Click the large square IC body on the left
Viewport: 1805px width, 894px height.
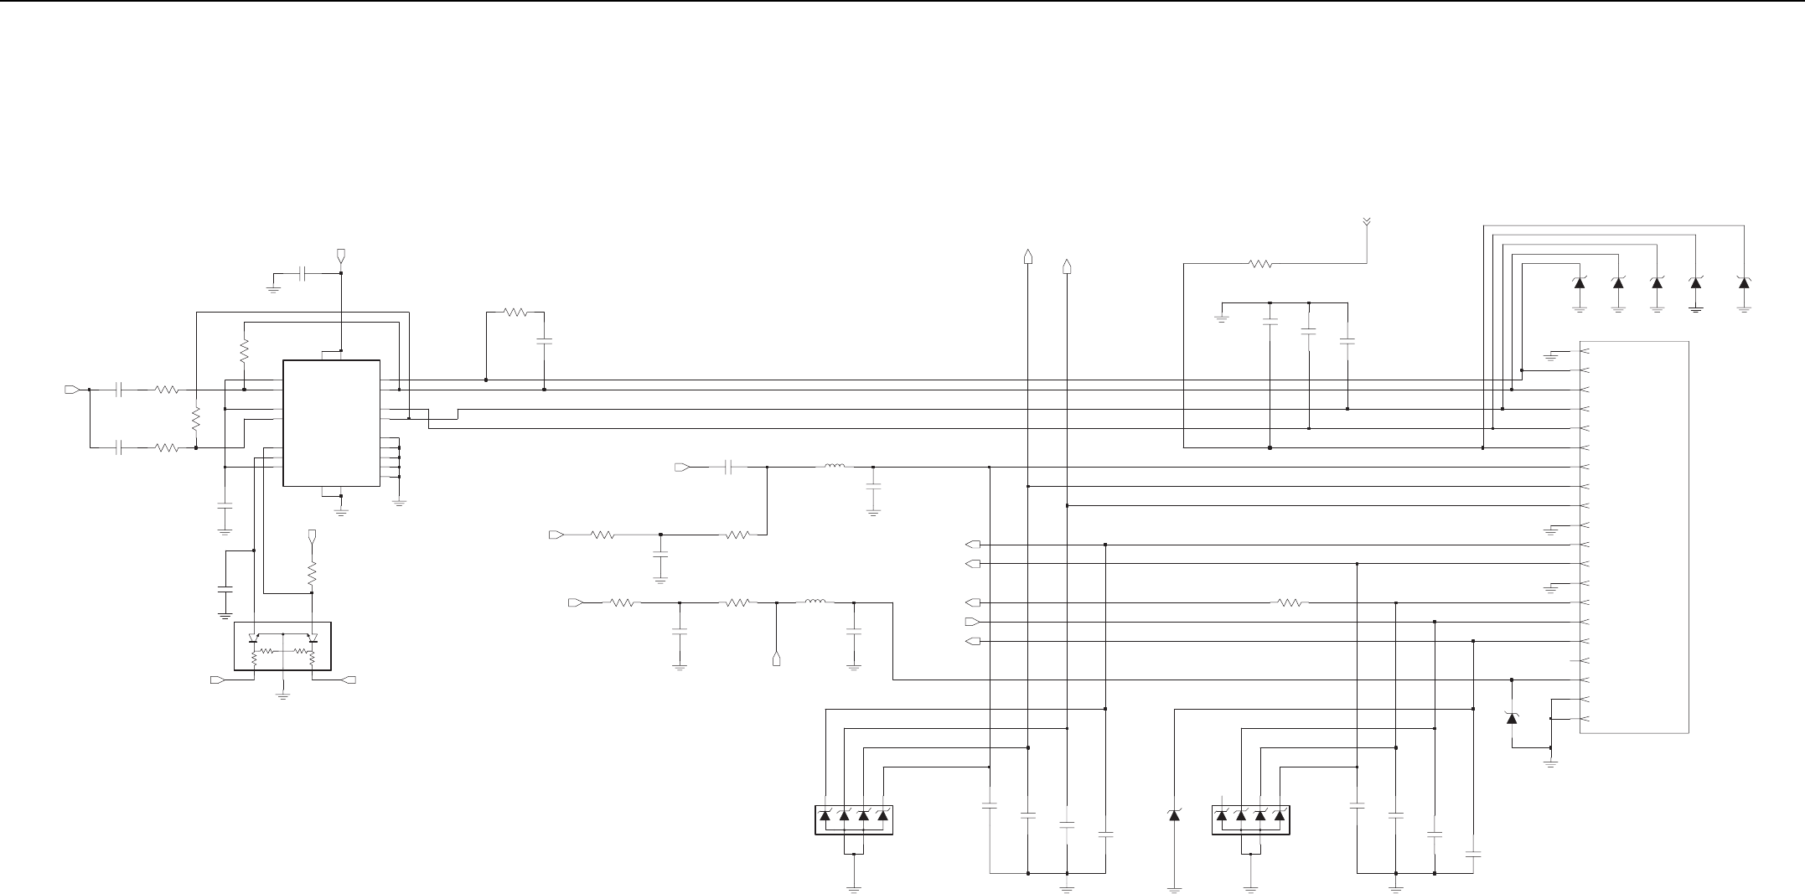coord(331,422)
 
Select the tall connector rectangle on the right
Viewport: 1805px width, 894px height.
coord(1633,537)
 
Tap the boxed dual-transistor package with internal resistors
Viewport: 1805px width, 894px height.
coord(282,646)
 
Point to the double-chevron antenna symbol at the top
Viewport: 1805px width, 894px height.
coord(1367,222)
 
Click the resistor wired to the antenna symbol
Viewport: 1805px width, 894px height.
coord(1260,264)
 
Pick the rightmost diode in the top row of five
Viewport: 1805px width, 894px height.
coord(1744,282)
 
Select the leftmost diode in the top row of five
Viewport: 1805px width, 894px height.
coord(1580,282)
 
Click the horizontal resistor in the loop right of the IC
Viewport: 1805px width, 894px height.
coord(515,313)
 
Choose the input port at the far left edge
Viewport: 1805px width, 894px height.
coord(72,390)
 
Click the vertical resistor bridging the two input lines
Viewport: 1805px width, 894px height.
coord(196,418)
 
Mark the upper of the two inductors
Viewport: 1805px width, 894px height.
coord(835,467)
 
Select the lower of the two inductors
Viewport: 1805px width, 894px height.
coord(815,602)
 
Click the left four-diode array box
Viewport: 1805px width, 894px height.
coord(854,820)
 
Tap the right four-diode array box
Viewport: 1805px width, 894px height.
coord(1250,820)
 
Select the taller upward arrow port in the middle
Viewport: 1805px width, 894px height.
coord(1028,256)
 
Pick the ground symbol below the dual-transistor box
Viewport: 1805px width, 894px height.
coord(283,694)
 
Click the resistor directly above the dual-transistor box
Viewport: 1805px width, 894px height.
coord(312,574)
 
